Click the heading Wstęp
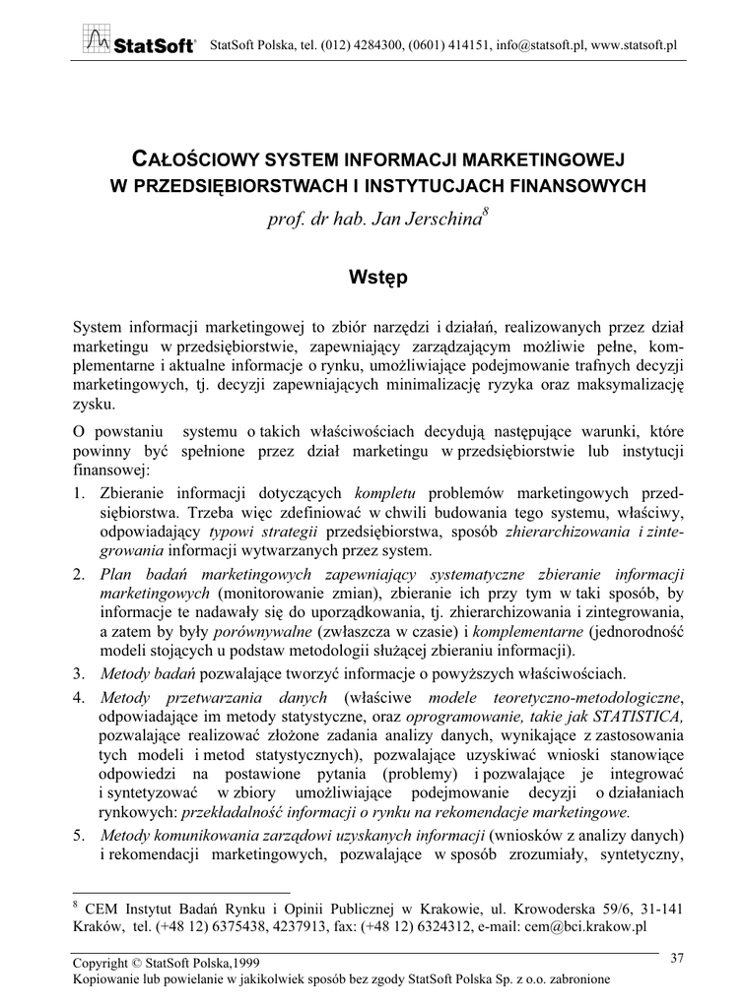(372, 278)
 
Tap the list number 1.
(80, 494)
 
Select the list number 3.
(80, 674)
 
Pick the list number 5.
(80, 837)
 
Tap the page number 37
(677, 958)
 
